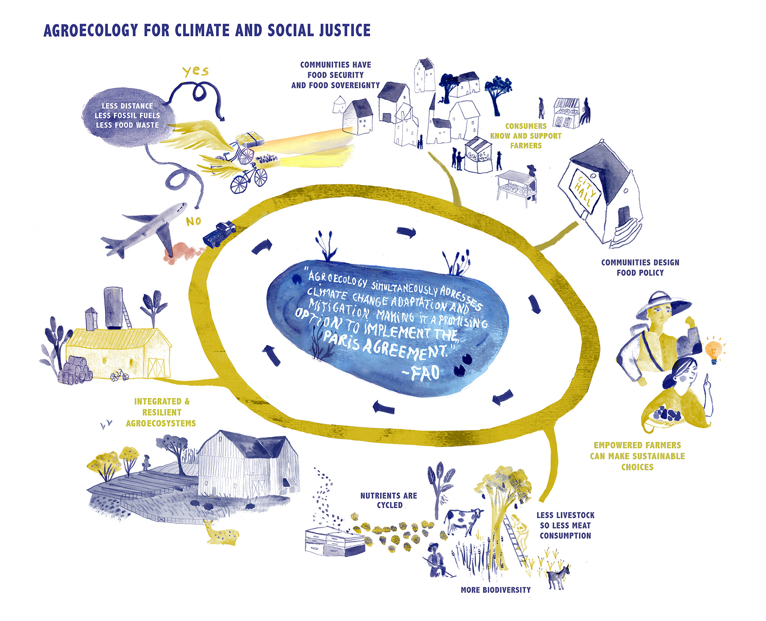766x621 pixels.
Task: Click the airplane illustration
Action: tap(148, 229)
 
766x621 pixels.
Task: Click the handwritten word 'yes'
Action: tap(195, 71)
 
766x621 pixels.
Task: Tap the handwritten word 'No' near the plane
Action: tap(193, 221)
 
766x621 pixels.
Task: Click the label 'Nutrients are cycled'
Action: tap(389, 500)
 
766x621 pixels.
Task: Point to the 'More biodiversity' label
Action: tap(496, 590)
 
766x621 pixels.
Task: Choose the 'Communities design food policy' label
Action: tap(640, 267)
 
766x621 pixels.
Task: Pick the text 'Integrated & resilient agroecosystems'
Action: tap(161, 412)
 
